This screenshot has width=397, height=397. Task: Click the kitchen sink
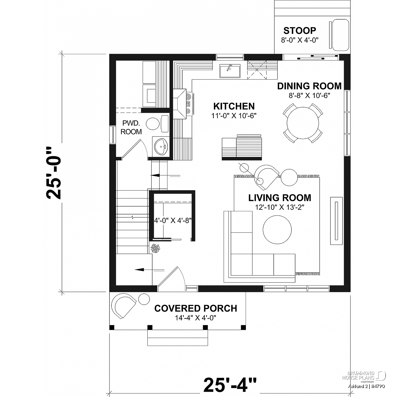pyautogui.click(x=230, y=71)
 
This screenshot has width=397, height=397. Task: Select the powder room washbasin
pyautogui.click(x=160, y=146)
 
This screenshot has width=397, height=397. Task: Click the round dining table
pyautogui.click(x=303, y=123)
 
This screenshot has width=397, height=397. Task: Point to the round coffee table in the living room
pyautogui.click(x=277, y=229)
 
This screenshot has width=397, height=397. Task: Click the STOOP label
pyautogui.click(x=300, y=31)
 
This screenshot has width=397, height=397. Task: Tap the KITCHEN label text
pyautogui.click(x=234, y=106)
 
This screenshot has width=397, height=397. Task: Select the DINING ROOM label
pyautogui.click(x=309, y=86)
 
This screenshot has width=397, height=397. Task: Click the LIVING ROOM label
pyautogui.click(x=280, y=198)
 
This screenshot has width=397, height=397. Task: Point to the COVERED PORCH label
pyautogui.click(x=196, y=308)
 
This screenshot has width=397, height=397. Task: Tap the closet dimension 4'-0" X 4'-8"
pyautogui.click(x=173, y=220)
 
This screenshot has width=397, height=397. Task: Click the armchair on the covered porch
pyautogui.click(x=123, y=306)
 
